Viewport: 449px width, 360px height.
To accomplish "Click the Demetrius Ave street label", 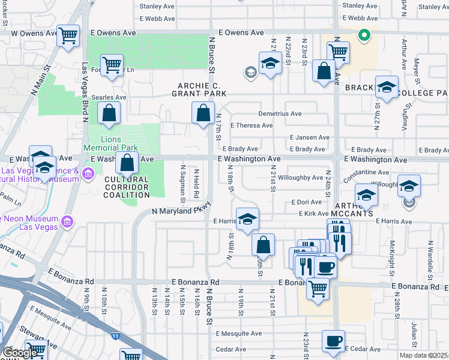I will tap(280, 113).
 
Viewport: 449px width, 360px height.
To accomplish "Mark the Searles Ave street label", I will tap(113, 97).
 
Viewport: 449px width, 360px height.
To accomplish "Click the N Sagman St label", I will tap(182, 185).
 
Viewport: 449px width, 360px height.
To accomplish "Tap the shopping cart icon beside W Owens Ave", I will tap(69, 37).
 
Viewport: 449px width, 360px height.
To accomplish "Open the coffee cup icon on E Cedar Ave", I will tap(333, 341).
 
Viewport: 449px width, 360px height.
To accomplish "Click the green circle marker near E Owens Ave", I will tap(363, 35).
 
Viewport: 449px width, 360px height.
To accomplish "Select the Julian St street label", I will tap(414, 334).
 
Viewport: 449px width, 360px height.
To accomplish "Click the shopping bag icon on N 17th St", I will tap(203, 112).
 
